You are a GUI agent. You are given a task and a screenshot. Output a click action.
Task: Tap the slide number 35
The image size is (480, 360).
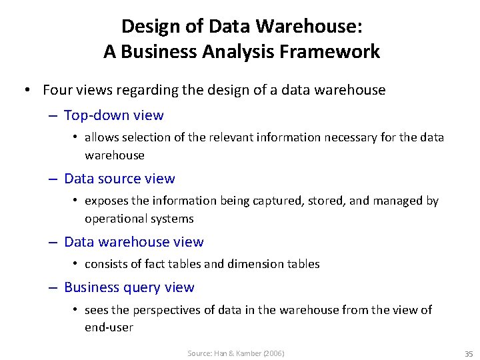468,353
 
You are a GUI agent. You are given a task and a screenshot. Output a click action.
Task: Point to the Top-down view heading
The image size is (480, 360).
113,115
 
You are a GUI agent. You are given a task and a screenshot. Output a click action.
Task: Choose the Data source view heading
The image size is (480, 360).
119,179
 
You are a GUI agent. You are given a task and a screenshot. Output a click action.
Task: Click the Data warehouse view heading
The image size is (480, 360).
133,242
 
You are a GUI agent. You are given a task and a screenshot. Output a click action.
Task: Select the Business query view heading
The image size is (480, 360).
129,287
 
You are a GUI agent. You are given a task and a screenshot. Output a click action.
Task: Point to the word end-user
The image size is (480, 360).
109,327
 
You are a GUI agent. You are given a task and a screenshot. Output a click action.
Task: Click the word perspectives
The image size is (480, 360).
165,310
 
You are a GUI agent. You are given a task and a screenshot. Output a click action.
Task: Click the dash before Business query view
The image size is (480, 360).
53,288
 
